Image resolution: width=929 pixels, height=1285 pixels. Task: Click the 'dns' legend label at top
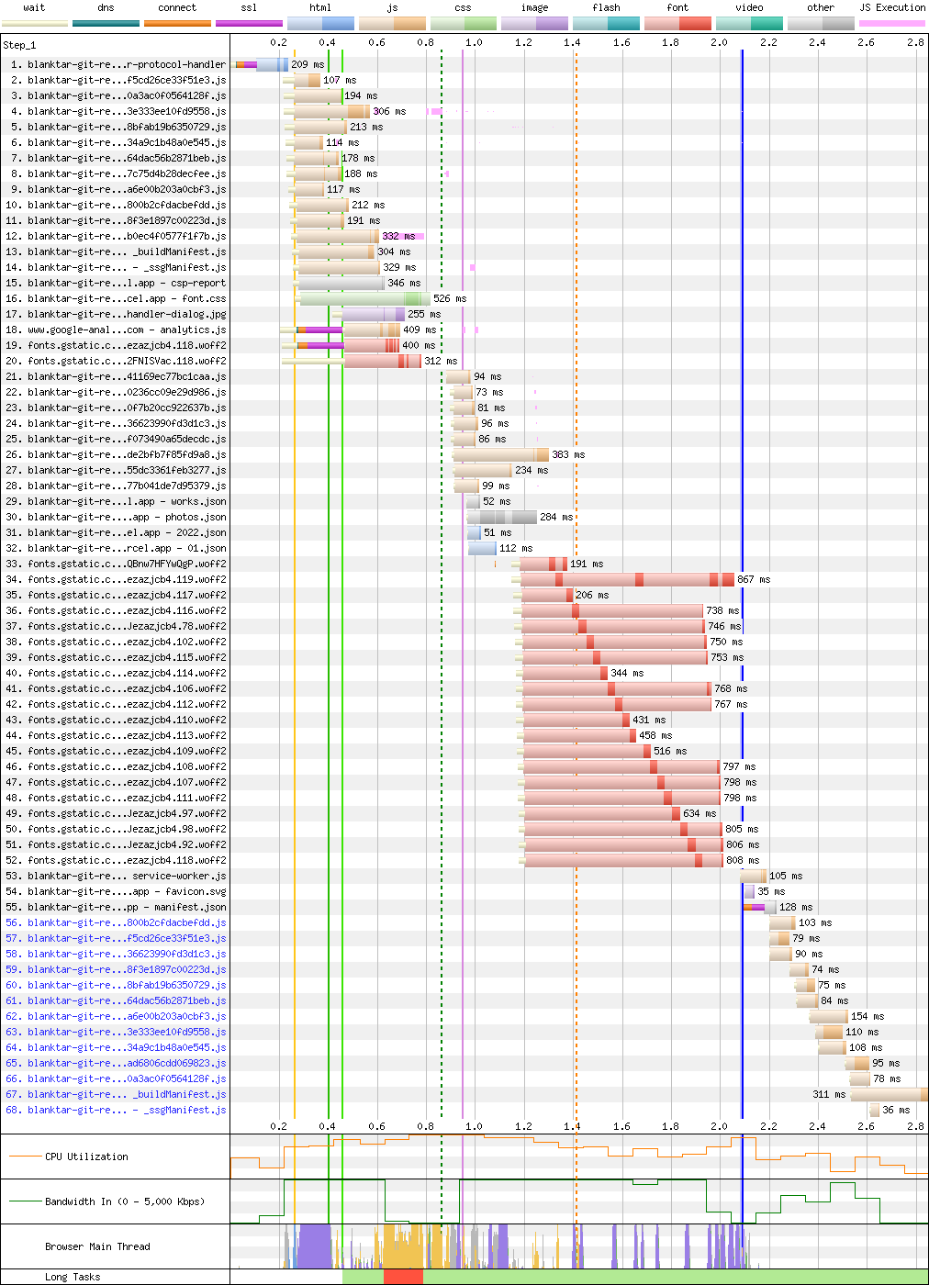106,7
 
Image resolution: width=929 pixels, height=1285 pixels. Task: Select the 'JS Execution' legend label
892,7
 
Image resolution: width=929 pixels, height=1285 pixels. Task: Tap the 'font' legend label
677,7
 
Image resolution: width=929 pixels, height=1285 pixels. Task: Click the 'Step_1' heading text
19,45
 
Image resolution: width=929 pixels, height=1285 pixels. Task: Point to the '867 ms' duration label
754,580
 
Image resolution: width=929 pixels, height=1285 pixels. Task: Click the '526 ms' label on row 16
450,299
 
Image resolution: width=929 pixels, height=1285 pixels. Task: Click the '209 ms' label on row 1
308,65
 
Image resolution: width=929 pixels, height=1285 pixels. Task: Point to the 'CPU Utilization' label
86,1156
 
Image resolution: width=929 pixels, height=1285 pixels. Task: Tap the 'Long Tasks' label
73,1277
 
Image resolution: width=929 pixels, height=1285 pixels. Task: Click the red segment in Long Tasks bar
403,1277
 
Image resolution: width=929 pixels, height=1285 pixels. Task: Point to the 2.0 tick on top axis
719,42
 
